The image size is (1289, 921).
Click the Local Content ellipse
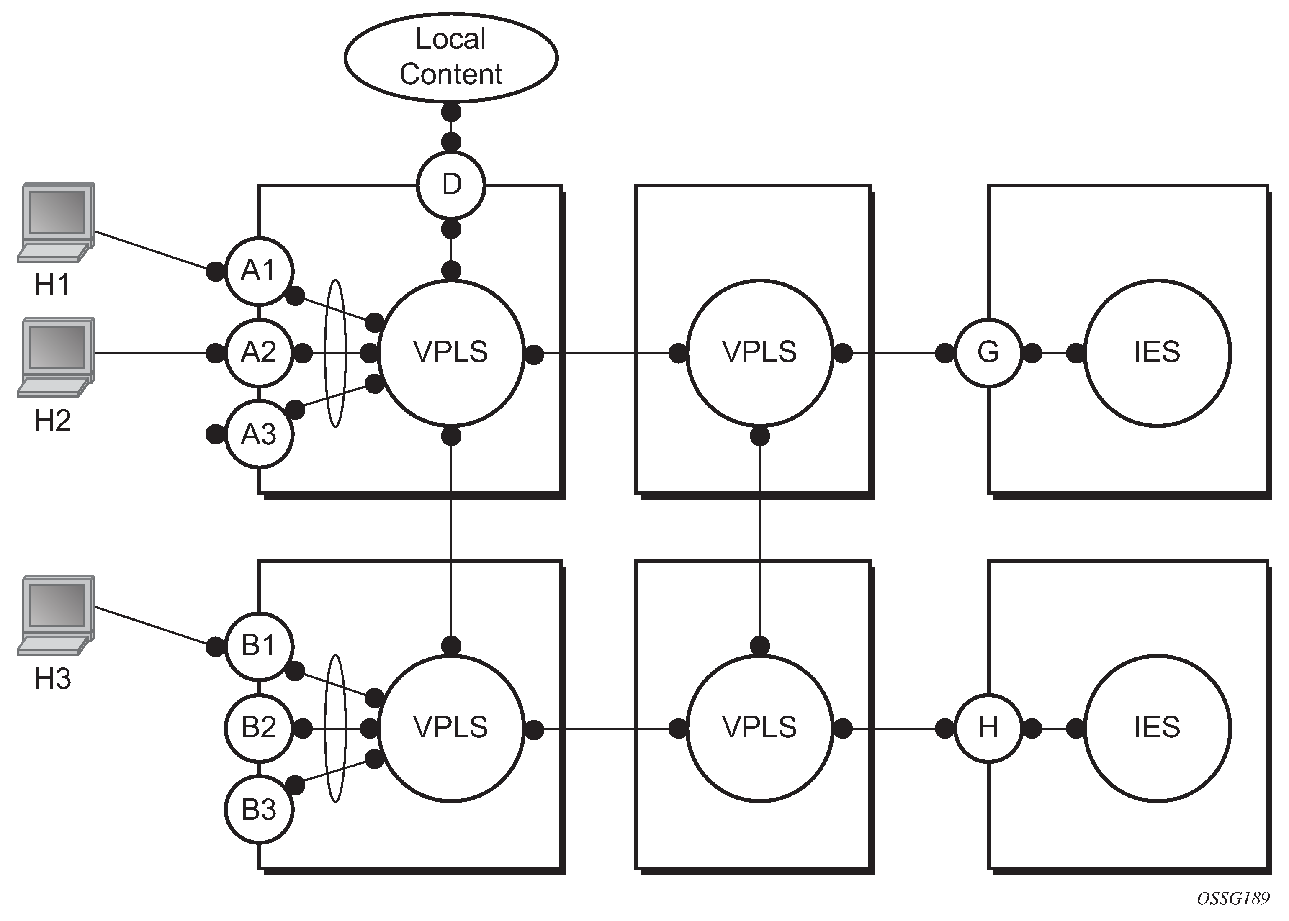click(451, 57)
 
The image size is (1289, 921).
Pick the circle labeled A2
click(259, 353)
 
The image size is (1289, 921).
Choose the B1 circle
click(259, 646)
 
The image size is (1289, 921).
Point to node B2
click(259, 728)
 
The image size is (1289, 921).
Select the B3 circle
click(259, 810)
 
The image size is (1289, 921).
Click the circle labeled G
click(988, 353)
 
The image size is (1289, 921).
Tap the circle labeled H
click(988, 728)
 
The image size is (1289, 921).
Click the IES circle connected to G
click(1158, 353)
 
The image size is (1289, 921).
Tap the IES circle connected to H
click(1158, 728)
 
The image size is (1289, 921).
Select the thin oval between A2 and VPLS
click(335, 353)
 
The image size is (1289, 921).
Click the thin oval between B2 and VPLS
click(335, 728)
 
